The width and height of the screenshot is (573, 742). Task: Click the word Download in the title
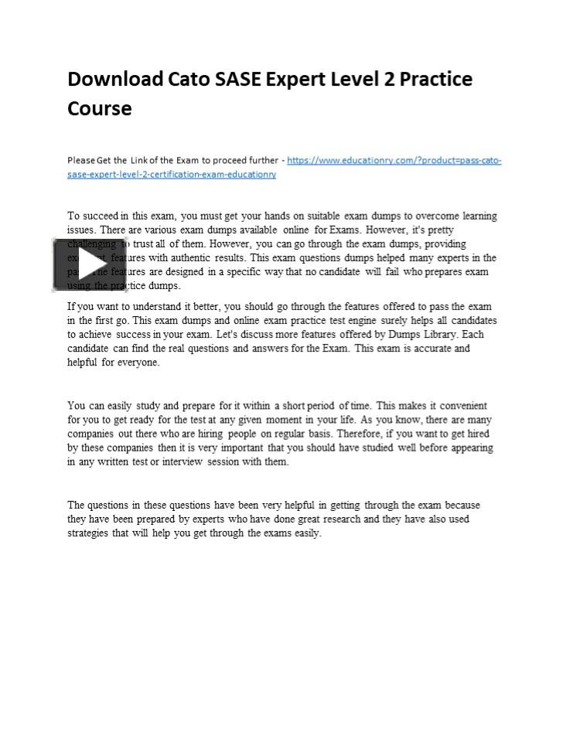115,79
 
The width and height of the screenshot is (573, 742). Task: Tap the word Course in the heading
100,108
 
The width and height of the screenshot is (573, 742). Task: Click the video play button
89,264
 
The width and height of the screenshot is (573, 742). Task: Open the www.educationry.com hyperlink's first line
394,161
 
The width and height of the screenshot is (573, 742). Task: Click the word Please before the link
81,161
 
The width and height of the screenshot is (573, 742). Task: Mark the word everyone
139,362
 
